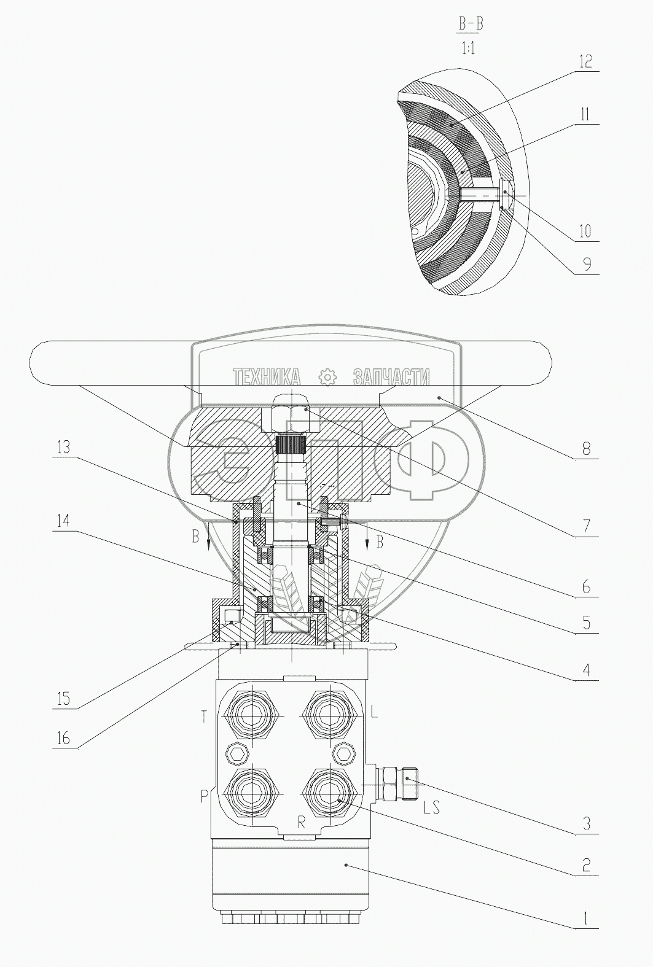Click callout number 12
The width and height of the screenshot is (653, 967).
[x=585, y=62]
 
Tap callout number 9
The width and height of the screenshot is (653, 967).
[x=587, y=264]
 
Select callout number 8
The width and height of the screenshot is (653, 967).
[x=586, y=449]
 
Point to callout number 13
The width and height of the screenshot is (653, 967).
[x=63, y=447]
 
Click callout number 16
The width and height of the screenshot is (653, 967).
[x=63, y=738]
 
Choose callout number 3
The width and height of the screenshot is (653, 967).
[x=586, y=824]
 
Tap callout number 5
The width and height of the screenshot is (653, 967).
[x=586, y=623]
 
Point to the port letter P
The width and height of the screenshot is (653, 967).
[x=205, y=796]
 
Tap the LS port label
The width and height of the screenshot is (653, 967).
[x=431, y=807]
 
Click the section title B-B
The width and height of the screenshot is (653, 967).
[x=471, y=24]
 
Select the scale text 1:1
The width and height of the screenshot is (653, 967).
[x=469, y=48]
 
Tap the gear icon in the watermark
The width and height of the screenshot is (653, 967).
[x=327, y=378]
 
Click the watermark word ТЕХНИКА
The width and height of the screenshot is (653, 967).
[x=267, y=377]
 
